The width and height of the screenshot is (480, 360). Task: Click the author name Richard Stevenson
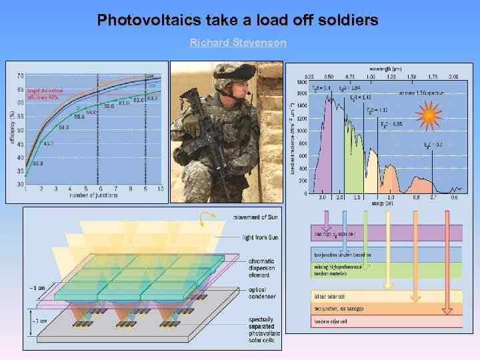click(238, 43)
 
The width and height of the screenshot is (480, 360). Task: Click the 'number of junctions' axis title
click(92, 195)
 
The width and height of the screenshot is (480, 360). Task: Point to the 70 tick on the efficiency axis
click(21, 75)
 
